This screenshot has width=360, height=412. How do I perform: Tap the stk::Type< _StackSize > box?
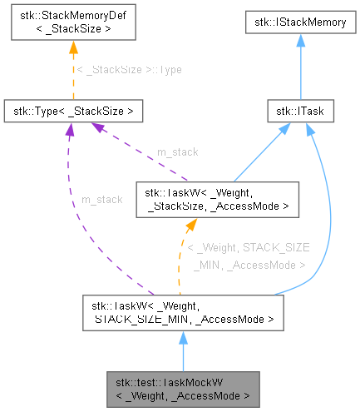[x=74, y=110]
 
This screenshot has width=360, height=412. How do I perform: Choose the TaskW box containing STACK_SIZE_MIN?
[x=183, y=310]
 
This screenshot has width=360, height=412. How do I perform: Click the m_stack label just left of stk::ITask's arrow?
[x=178, y=153]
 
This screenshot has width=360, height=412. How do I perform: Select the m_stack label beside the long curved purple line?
[x=101, y=199]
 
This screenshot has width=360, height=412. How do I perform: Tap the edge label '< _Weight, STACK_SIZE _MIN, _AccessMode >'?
[x=248, y=256]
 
